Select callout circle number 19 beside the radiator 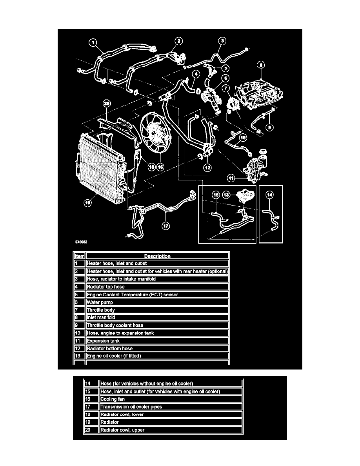[x=88, y=203]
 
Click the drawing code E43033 [x=82, y=242]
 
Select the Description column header [x=157, y=256]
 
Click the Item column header [x=79, y=256]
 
